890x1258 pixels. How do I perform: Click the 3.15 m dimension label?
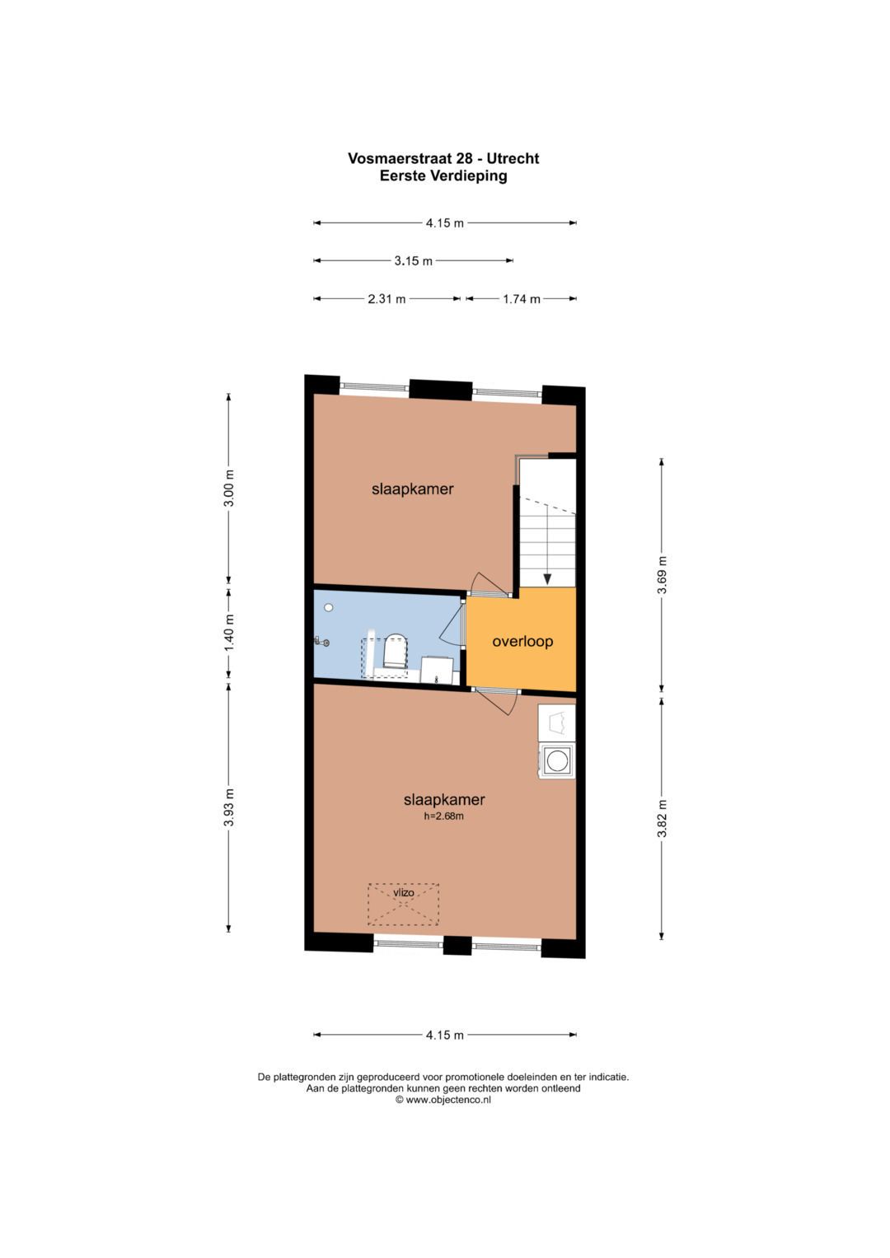click(x=413, y=261)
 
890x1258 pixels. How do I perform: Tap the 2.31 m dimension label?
click(x=386, y=299)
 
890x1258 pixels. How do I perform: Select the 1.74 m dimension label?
click(x=522, y=299)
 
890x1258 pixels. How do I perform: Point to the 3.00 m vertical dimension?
click(x=230, y=488)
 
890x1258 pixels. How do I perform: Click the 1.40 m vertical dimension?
click(x=230, y=633)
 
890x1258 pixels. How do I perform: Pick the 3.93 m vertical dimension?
click(x=230, y=807)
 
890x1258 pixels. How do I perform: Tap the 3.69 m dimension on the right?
click(x=662, y=574)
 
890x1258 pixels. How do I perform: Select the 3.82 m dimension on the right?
click(x=662, y=818)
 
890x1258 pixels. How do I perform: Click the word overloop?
click(x=522, y=641)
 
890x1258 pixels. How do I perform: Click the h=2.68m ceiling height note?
click(x=444, y=816)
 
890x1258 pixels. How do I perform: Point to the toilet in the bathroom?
click(x=395, y=652)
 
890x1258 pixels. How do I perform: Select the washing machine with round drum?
click(x=557, y=760)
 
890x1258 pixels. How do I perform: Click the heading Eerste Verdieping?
click(x=443, y=175)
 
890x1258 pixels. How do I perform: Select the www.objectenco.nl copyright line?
click(x=443, y=1099)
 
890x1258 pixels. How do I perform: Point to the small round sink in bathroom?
click(x=329, y=607)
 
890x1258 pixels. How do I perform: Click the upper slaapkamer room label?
click(x=412, y=489)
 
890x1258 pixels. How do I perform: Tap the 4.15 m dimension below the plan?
click(x=444, y=1035)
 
